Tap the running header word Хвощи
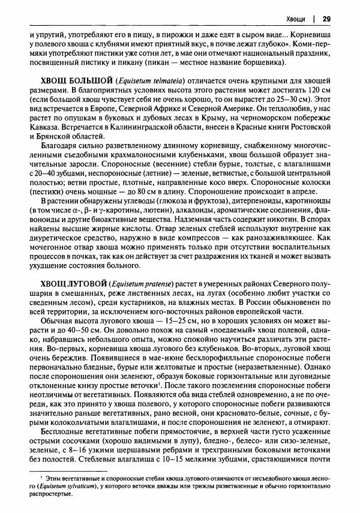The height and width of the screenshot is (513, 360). [298, 18]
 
